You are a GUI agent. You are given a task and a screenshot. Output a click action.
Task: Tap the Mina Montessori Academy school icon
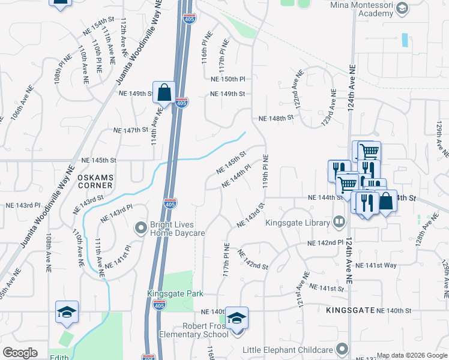pos(402,8)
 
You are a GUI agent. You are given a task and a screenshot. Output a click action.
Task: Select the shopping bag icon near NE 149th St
pos(164,94)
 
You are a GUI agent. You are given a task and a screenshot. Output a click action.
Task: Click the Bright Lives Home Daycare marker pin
pos(140,228)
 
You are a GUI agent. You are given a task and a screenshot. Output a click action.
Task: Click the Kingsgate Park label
pos(175,293)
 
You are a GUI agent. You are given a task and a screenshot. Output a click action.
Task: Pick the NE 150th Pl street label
pos(228,79)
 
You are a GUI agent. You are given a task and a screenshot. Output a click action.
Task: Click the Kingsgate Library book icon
pos(339,223)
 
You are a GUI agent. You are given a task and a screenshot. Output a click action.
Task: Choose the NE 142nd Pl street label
pos(325,243)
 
